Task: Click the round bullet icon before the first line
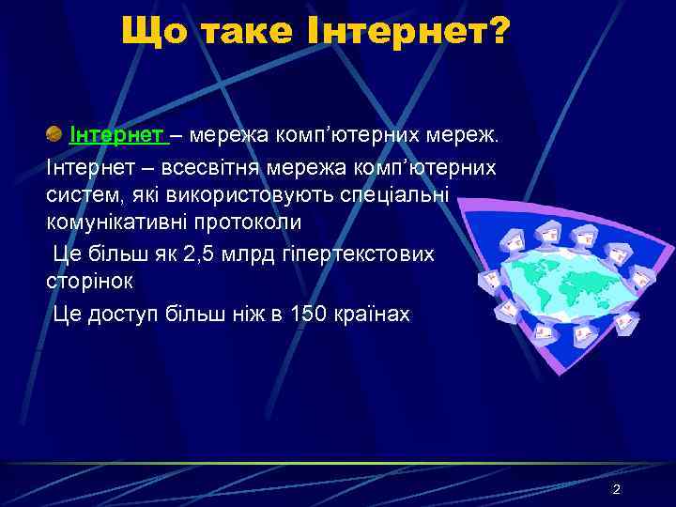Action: click(x=54, y=135)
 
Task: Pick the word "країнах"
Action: click(x=372, y=313)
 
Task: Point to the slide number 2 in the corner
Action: click(x=616, y=489)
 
